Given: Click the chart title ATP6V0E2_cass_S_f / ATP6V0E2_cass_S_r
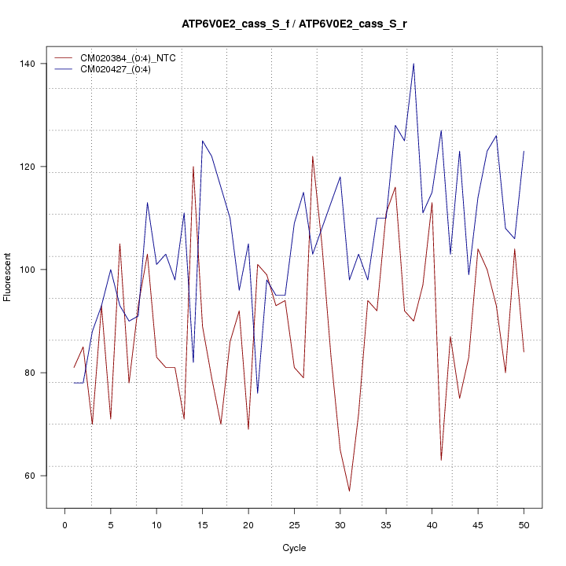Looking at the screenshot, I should pyautogui.click(x=294, y=24).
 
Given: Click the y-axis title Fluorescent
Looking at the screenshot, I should pyautogui.click(x=9, y=277).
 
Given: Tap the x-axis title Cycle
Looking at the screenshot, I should pyautogui.click(x=294, y=548).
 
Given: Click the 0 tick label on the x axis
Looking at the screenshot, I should pyautogui.click(x=64, y=524).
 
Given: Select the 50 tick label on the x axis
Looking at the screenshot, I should pyautogui.click(x=524, y=524).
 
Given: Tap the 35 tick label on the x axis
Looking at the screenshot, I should pyautogui.click(x=386, y=524).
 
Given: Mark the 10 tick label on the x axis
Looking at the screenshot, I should pyautogui.click(x=156, y=524).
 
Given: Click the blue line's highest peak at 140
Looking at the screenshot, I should pyautogui.click(x=413, y=64).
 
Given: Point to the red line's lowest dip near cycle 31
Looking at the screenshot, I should pyautogui.click(x=349, y=491).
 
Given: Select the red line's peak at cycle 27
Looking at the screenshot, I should pyautogui.click(x=312, y=156).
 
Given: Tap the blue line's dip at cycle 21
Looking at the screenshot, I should pyautogui.click(x=257, y=393).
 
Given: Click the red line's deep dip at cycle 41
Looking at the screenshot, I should pyautogui.click(x=441, y=460).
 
